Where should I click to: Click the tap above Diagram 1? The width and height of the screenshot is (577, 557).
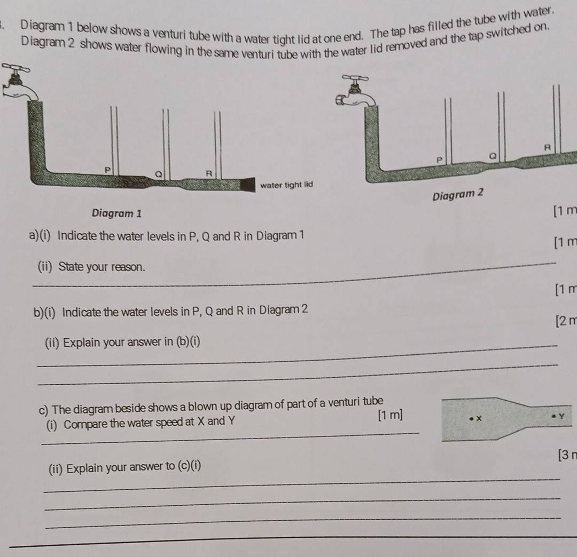tap(18, 83)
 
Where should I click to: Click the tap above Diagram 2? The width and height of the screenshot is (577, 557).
tap(356, 92)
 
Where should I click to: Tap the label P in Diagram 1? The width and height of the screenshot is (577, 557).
tap(107, 170)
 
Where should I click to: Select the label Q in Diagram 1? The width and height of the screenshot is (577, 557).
tap(159, 174)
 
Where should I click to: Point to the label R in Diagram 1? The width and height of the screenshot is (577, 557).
tap(209, 173)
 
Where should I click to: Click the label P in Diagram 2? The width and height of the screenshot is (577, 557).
tap(439, 160)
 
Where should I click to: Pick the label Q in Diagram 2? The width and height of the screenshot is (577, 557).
tap(493, 156)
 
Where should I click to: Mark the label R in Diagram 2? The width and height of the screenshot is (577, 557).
tap(548, 147)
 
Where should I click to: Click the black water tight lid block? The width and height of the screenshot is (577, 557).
tap(248, 185)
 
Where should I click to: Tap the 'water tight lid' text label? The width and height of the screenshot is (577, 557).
tap(286, 185)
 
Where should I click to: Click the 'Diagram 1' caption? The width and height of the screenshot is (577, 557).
tap(116, 213)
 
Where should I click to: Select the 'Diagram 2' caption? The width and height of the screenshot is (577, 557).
tap(457, 194)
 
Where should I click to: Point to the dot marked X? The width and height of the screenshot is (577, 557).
tap(471, 418)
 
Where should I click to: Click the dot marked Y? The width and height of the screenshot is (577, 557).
tap(553, 416)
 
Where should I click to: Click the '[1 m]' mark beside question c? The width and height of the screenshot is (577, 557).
tap(390, 415)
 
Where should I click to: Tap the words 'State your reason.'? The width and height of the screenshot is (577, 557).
tap(102, 266)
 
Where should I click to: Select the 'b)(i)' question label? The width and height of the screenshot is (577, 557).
tap(44, 312)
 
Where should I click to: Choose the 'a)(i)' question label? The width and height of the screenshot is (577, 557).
tap(40, 235)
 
